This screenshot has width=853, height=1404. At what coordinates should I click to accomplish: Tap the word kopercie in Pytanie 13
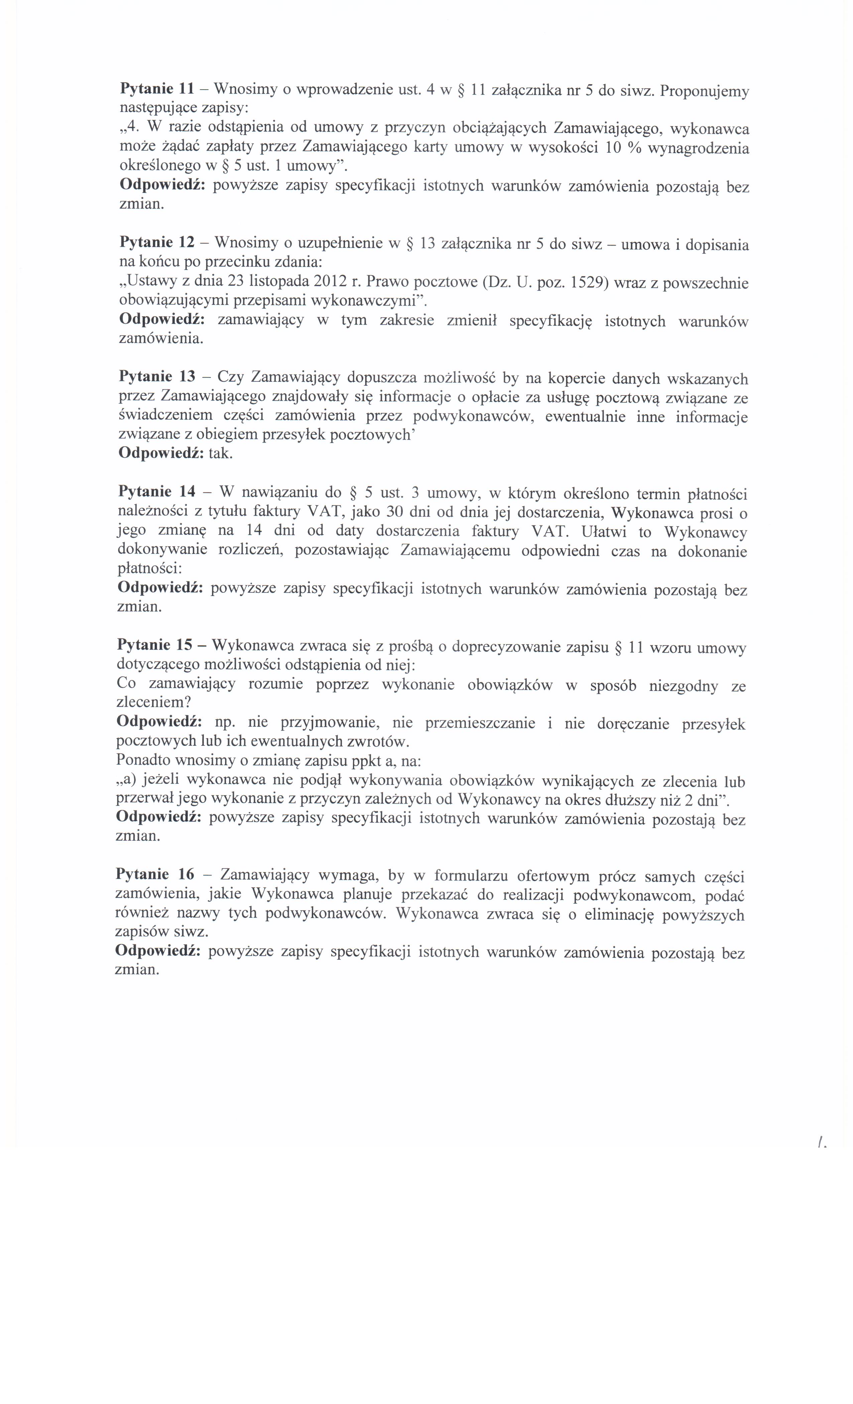point(576,378)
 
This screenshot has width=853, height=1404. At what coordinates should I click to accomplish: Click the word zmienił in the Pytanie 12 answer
point(471,321)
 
